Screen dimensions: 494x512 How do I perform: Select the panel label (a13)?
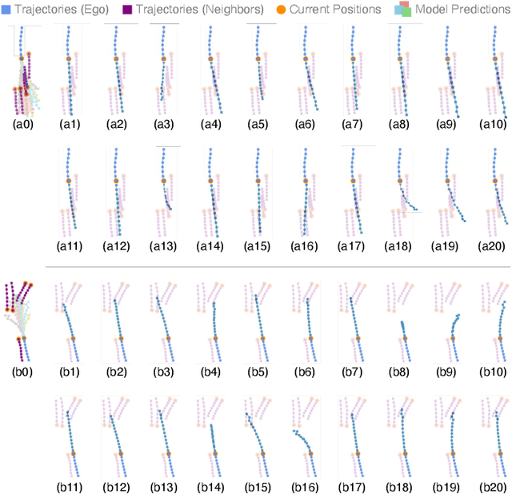164,247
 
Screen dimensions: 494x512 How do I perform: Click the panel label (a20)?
494,247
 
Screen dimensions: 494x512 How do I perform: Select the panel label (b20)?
494,487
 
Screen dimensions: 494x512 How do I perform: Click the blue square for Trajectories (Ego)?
6,9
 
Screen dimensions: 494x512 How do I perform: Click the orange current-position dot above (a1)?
68,59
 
